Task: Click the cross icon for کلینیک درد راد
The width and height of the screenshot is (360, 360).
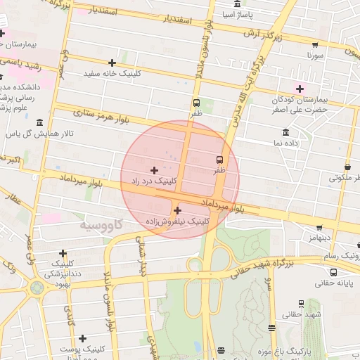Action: (154, 170)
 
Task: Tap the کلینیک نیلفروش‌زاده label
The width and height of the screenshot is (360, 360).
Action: (176, 221)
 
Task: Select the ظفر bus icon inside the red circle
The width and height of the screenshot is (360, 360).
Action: (219, 160)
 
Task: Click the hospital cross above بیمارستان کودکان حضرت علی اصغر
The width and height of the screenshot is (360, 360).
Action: (300, 89)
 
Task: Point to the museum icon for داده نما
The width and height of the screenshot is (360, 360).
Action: (285, 132)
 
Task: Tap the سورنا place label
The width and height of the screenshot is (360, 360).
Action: (314, 54)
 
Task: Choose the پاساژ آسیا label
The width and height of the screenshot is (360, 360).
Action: (237, 14)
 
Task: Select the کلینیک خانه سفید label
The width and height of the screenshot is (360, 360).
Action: (112, 73)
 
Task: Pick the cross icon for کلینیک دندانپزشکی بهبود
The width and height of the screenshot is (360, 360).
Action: (63, 253)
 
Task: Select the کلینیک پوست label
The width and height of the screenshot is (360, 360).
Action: (82, 349)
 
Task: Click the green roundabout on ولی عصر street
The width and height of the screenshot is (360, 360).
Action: (37, 288)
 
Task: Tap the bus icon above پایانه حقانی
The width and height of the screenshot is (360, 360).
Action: (333, 272)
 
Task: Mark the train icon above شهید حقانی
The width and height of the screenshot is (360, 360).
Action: (301, 304)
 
